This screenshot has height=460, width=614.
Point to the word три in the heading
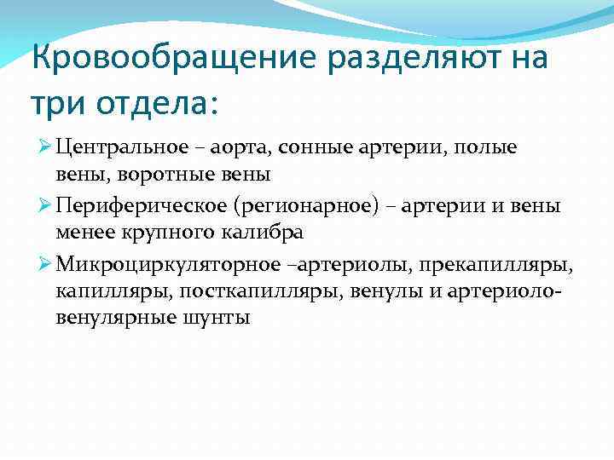pos(56,104)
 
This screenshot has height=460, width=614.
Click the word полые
pos(485,147)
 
